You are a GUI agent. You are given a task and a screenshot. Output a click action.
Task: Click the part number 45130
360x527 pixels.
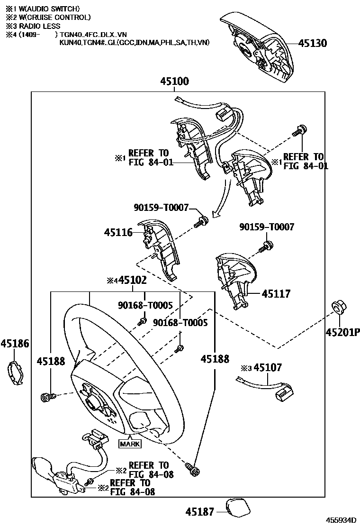pos(313,43)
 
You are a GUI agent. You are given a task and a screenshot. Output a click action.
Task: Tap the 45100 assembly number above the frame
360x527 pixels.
pos(174,82)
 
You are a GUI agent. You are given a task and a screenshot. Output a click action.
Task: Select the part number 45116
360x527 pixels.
pos(118,232)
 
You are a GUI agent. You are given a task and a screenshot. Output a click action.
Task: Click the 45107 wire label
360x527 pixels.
pos(268,367)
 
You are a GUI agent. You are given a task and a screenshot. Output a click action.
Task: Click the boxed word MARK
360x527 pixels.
pos(129,444)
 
